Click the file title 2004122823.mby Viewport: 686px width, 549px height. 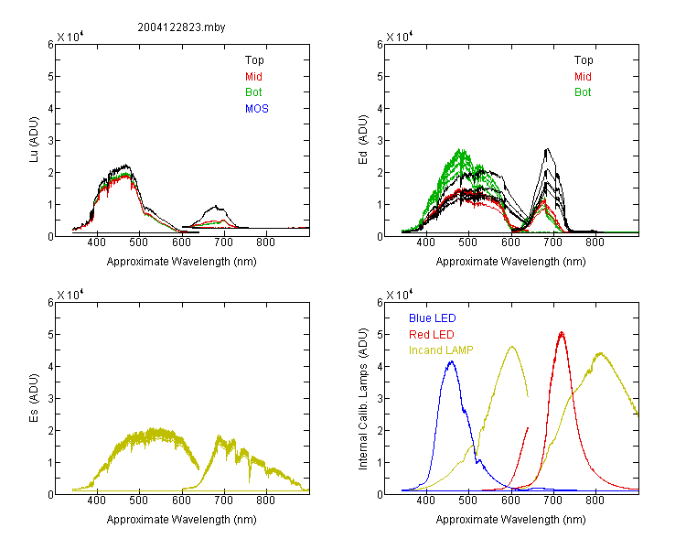click(181, 27)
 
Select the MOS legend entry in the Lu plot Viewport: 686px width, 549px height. click(257, 109)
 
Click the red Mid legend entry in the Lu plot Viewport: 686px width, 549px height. click(253, 77)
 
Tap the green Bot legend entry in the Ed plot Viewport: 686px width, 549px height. click(583, 92)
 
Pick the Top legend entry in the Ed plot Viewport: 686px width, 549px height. click(584, 60)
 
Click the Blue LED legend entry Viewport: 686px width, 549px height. click(433, 318)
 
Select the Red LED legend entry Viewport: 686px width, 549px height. click(432, 335)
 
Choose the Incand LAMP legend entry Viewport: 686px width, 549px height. click(441, 350)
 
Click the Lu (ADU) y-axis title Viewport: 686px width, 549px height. click(34, 140)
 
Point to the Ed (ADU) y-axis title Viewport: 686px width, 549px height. click(363, 140)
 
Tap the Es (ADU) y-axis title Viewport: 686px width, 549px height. click(34, 398)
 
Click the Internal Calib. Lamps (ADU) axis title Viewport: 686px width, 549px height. click(363, 399)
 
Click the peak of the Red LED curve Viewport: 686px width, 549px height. click(562, 333)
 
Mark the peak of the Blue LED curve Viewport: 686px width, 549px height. click(452, 361)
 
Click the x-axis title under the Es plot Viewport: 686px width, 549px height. click(182, 520)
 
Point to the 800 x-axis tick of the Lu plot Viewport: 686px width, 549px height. click(265, 242)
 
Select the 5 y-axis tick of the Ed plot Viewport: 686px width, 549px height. click(380, 77)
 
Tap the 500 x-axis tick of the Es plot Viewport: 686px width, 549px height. click(139, 501)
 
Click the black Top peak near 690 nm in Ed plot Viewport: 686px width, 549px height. click(547, 149)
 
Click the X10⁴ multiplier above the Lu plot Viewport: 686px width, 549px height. click(70, 37)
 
